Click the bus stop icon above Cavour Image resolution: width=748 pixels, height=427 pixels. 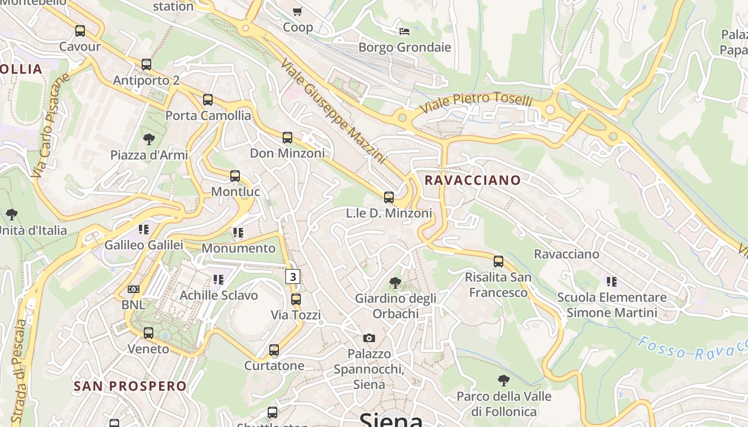[x=80, y=31]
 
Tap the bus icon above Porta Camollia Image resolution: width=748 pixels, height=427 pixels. [x=208, y=100]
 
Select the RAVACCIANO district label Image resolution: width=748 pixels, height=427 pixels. [x=472, y=180]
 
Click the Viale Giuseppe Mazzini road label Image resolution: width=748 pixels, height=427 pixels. [x=332, y=110]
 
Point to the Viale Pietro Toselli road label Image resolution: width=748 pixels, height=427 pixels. [x=476, y=104]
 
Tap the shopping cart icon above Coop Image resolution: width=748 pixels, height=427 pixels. [x=298, y=11]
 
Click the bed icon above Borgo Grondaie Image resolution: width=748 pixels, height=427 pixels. [x=404, y=31]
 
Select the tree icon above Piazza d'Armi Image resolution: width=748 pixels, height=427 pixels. [x=149, y=139]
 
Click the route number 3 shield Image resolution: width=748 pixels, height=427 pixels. [x=292, y=276]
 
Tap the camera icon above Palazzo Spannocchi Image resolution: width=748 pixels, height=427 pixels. [x=369, y=338]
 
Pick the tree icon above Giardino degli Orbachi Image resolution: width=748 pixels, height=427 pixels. [x=395, y=282]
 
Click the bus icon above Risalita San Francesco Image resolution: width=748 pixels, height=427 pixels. [x=498, y=262]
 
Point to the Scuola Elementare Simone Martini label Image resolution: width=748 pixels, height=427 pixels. [x=611, y=305]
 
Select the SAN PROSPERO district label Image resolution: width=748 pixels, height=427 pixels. [x=130, y=386]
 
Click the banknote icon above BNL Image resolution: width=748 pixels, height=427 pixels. [x=134, y=289]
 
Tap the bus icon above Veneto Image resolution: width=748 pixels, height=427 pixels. [x=149, y=333]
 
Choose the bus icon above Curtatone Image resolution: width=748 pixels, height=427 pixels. [x=274, y=350]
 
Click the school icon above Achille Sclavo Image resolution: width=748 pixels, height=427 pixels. [x=218, y=279]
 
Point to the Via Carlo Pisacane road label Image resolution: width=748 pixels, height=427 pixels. [x=51, y=126]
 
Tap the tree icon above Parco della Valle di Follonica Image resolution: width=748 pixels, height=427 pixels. [x=503, y=381]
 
